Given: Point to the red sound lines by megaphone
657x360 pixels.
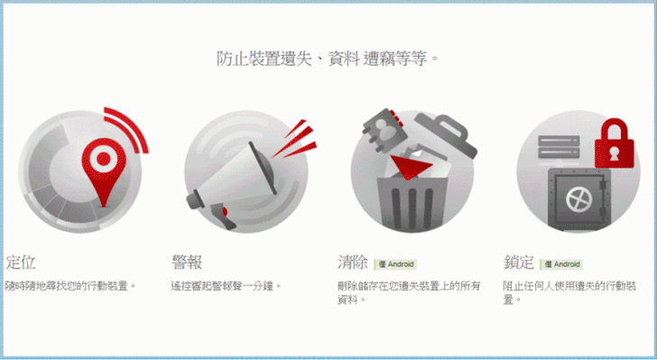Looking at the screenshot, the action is coord(296,141).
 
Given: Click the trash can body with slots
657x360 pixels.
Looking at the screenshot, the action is coord(412,202).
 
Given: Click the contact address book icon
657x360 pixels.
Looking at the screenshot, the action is coord(384,129).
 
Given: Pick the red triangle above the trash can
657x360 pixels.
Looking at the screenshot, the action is coord(410,166).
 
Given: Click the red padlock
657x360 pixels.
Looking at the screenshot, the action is coord(615,143).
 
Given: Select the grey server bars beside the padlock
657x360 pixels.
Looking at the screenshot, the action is coord(559,147).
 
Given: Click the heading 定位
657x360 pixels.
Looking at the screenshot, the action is coord(21,263).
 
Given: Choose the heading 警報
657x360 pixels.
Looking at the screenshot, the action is coord(187,263).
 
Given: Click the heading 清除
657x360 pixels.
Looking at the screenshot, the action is coord(353,263).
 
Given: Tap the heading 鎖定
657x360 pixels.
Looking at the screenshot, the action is coord(519,263).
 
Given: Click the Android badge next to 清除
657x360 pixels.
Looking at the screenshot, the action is coord(395,264).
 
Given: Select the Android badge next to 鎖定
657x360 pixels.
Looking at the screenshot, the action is coord(561,264).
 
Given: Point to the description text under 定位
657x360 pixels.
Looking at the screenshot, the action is coord(70,286).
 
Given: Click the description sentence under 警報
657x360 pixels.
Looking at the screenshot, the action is coord(226,286).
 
